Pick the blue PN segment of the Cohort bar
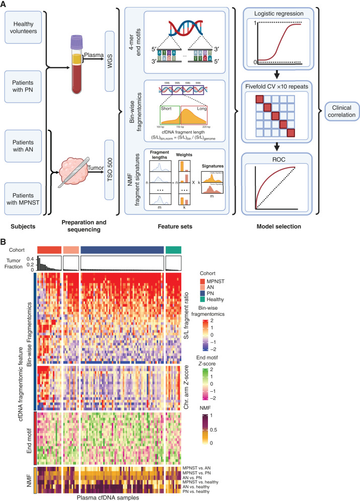[122, 249]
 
